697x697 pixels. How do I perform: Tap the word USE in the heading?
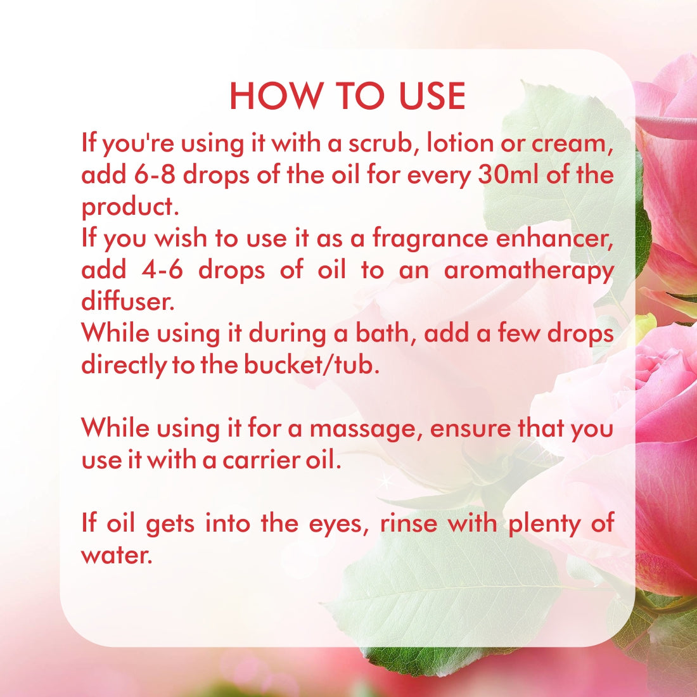pos(432,96)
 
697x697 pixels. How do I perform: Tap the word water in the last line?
pos(117,556)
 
